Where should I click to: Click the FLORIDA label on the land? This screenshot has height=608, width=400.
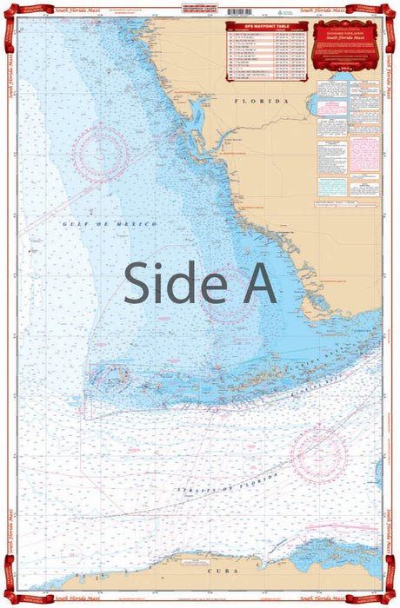click(261, 102)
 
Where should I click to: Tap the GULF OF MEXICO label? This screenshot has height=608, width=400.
click(110, 224)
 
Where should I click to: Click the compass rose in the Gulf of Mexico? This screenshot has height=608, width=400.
click(99, 154)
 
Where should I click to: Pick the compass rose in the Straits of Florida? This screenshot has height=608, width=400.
click(318, 456)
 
